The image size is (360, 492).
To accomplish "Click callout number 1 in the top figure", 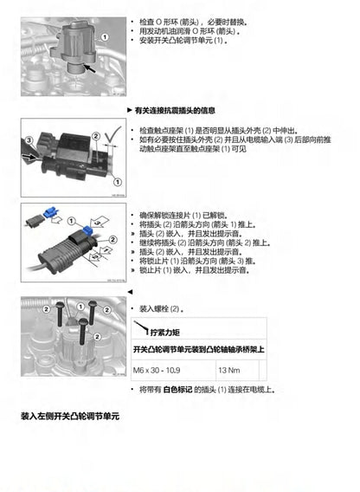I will [x=105, y=36].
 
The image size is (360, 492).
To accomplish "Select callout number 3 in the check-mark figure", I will [x=28, y=139].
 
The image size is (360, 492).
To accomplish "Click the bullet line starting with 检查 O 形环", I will [x=185, y=19].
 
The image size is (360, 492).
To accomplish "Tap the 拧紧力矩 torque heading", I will [x=164, y=332].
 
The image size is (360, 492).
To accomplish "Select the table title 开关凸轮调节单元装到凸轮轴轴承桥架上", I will [x=198, y=349].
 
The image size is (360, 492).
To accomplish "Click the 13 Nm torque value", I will [x=229, y=370].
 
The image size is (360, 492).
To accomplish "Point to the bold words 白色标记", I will [x=177, y=389].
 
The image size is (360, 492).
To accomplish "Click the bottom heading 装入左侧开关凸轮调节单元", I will [x=69, y=416].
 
